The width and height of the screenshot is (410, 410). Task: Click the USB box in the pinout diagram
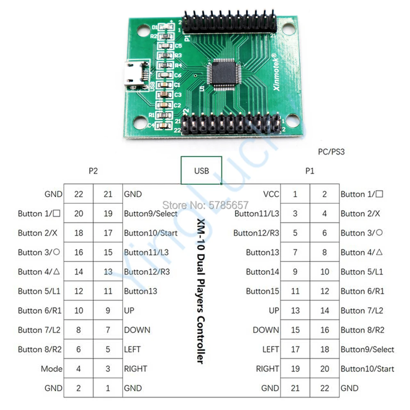(x=201, y=170)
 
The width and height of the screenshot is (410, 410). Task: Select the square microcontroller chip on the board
(x=223, y=73)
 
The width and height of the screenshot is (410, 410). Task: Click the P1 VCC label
(x=271, y=194)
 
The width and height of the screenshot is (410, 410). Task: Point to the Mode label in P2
(x=52, y=369)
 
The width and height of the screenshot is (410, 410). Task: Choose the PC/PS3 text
(x=331, y=152)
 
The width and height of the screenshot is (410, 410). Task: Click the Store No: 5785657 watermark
(x=206, y=204)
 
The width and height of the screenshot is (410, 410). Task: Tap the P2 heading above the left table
(x=93, y=171)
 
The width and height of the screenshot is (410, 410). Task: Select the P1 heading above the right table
(x=310, y=171)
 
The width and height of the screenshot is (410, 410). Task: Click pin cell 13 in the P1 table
(x=295, y=310)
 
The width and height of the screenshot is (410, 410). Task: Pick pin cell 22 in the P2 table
(x=78, y=194)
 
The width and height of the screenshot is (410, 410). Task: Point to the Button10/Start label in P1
(x=367, y=369)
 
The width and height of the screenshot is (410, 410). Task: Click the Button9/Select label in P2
(x=151, y=214)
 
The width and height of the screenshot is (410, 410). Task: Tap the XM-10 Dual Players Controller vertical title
(x=200, y=291)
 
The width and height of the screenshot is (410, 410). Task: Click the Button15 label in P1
(x=262, y=291)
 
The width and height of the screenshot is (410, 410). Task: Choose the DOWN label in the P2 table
(x=137, y=330)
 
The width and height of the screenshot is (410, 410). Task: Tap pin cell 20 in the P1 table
(x=324, y=369)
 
